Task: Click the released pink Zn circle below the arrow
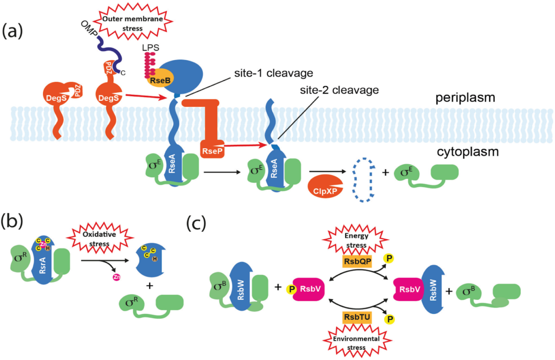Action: click(x=116, y=278)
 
